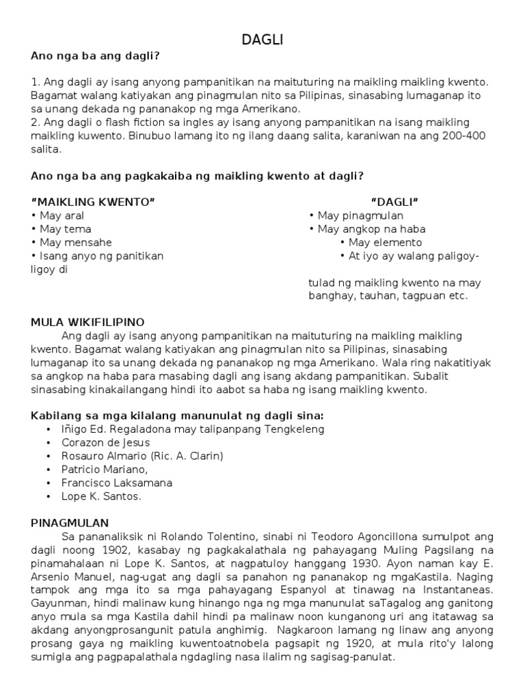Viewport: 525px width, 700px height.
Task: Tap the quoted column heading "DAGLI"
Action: coord(394,202)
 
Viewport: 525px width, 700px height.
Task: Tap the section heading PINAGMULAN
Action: coord(66,522)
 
